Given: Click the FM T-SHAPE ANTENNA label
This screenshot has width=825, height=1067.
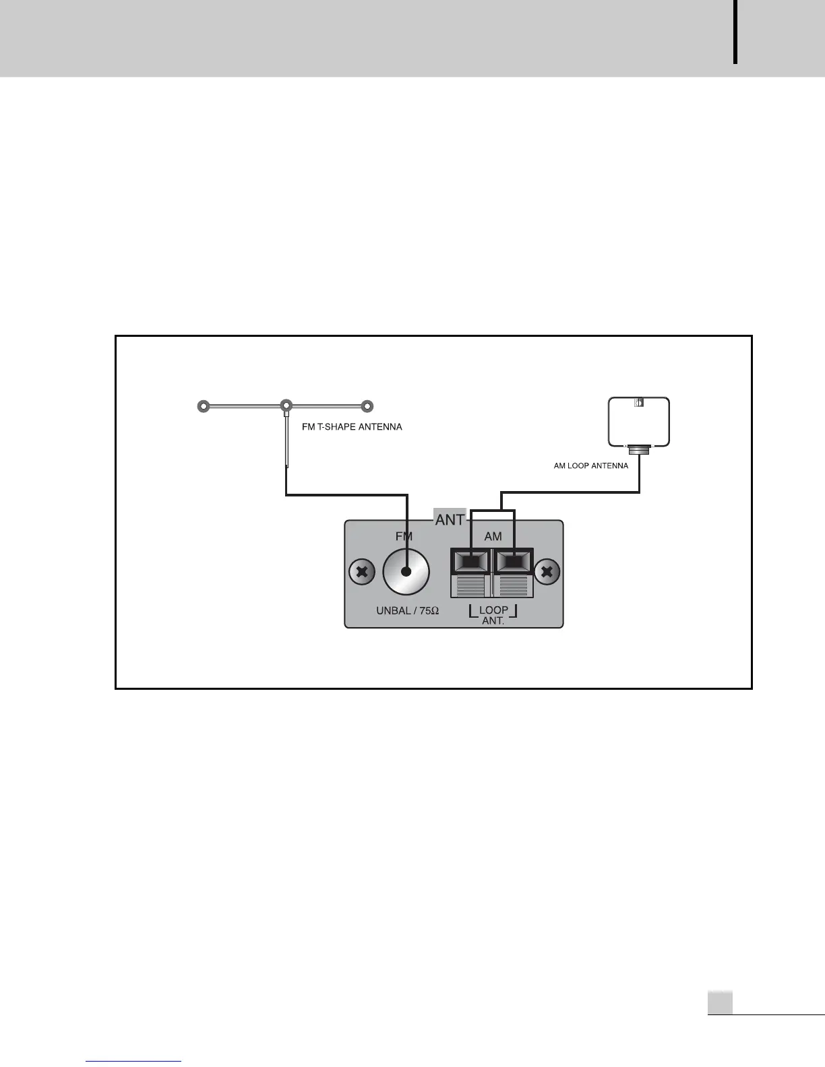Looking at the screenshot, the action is [x=352, y=427].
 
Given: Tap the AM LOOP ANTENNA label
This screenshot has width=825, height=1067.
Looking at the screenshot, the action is [x=590, y=465].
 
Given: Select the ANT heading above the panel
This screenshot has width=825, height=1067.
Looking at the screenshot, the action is [x=450, y=519].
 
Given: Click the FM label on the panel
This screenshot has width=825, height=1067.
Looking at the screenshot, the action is [x=403, y=536].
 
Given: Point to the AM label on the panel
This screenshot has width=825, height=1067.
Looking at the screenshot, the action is [x=493, y=536].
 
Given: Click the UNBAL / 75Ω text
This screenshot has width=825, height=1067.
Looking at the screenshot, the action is [x=407, y=610].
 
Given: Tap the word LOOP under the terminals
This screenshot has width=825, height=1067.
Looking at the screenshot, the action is [x=493, y=610].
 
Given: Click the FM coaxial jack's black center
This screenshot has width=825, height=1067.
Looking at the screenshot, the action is [x=406, y=572].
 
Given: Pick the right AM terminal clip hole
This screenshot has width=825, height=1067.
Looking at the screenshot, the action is [x=514, y=560].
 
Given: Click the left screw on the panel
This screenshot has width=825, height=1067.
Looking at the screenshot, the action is [x=362, y=573].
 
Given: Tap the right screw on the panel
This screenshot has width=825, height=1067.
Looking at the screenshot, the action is [x=547, y=573].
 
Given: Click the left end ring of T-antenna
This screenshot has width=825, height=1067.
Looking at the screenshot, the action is [x=202, y=407].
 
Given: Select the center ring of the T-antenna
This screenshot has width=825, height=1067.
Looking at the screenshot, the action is [x=286, y=406].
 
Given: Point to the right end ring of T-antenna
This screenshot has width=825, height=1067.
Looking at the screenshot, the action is [x=367, y=407].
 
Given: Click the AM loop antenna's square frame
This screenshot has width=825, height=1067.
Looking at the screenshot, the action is [x=639, y=422].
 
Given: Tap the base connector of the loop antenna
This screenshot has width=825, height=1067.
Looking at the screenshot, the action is [x=639, y=449].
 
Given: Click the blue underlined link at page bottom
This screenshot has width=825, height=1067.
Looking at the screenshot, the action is [x=134, y=1061].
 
